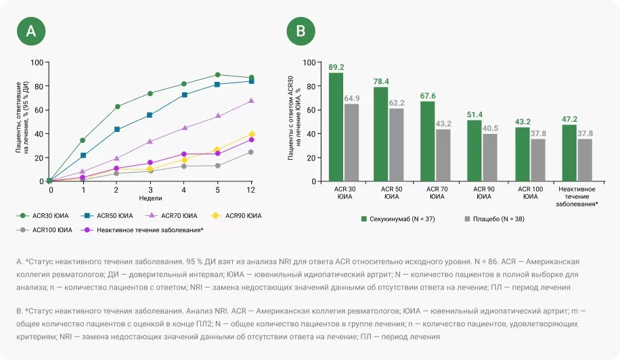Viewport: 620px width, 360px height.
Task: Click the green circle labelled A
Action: (35, 31)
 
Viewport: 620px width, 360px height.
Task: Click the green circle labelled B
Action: (301, 31)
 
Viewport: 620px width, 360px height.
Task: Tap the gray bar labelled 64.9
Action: (351, 142)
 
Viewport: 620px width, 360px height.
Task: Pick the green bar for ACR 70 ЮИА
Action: (428, 141)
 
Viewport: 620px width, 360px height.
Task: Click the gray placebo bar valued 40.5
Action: (489, 158)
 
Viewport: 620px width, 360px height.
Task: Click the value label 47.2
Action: (570, 118)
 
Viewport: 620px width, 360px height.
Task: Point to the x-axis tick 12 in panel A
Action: (251, 190)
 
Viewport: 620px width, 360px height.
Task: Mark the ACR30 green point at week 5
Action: (217, 75)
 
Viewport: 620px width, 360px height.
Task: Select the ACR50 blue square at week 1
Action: (83, 156)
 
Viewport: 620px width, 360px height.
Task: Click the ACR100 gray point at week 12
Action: (251, 152)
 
